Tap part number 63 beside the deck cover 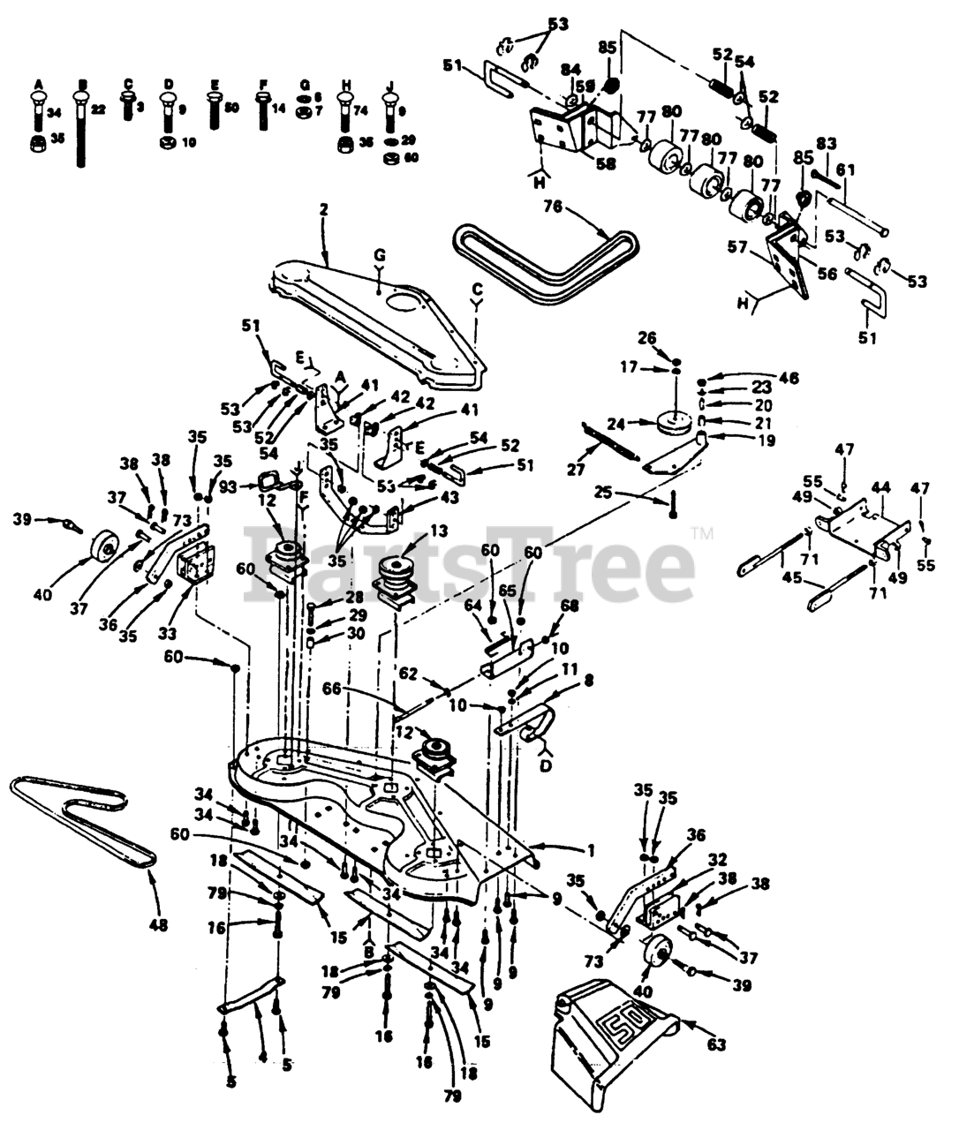point(716,1045)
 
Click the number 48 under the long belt point(159,925)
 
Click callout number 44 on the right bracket point(880,487)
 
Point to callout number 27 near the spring point(576,471)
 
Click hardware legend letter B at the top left point(82,84)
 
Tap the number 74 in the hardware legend point(362,111)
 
